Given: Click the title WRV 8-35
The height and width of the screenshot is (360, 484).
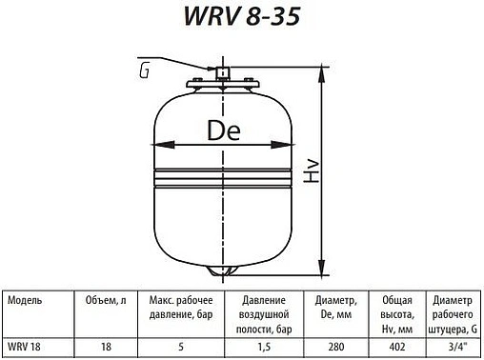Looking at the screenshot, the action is (242, 20).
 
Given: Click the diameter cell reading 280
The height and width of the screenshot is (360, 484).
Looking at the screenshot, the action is (333, 348).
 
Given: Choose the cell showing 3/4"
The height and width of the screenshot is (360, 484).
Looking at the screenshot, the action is (450, 348).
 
